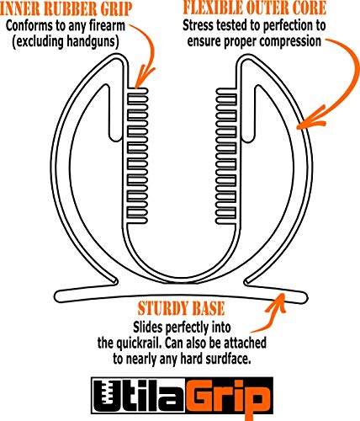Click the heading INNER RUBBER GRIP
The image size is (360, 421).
(65, 8)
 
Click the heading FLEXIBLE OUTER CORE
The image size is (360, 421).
(255, 7)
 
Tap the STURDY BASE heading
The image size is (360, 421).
(181, 308)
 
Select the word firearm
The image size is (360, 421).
(107, 26)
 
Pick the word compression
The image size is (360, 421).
(290, 41)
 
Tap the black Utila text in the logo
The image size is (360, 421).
(140, 396)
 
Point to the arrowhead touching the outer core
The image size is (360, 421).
(310, 120)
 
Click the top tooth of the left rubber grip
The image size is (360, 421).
(137, 91)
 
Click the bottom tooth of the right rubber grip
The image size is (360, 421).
(225, 220)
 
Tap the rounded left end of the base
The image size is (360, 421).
(57, 296)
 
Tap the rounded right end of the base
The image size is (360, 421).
(304, 297)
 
